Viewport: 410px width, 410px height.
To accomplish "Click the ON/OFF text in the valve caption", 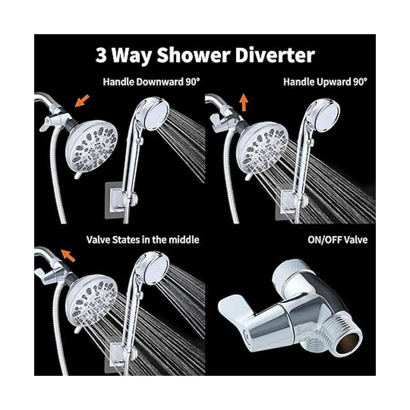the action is pos(325,240).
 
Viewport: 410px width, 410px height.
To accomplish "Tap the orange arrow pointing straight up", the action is pos(244,103).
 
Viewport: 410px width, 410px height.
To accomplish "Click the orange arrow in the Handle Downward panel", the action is pos(82,101).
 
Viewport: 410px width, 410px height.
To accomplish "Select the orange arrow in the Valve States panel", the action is pos(68,255).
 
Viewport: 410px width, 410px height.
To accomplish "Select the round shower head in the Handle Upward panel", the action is pos(262,149).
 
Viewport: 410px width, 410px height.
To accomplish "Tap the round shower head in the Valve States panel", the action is pos(92,300).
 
